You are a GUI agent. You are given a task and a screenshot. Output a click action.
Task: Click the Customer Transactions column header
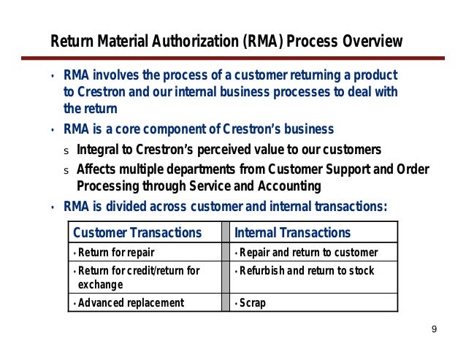[137, 233]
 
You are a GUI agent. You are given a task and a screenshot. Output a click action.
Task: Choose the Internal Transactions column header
[292, 233]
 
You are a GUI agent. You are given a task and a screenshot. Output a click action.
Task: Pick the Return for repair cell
[110, 253]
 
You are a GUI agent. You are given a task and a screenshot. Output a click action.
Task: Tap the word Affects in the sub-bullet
[97, 169]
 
